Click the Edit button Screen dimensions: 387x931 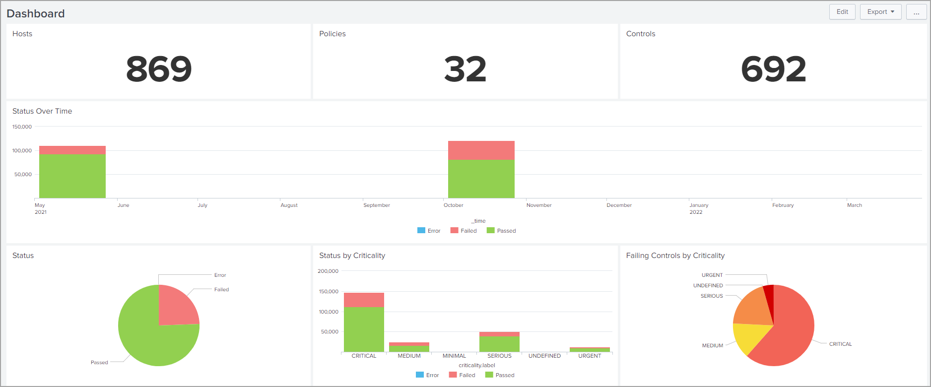point(842,12)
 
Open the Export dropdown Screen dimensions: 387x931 point(880,12)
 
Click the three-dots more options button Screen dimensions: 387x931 point(916,12)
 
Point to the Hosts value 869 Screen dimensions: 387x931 point(159,69)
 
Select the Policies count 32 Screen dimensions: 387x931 point(465,69)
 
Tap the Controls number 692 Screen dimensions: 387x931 point(773,69)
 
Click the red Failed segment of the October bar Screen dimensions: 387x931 point(481,150)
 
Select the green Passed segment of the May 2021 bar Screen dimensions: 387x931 point(72,176)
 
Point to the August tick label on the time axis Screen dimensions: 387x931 point(289,205)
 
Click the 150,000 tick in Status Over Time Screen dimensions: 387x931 point(22,127)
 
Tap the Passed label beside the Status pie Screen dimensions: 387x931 point(99,362)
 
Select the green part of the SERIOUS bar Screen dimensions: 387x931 point(499,344)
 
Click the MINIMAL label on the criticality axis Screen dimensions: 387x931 point(454,356)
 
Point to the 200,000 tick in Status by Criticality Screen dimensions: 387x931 point(328,271)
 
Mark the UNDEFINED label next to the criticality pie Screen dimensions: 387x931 point(708,285)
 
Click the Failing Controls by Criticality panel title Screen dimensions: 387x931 point(675,256)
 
